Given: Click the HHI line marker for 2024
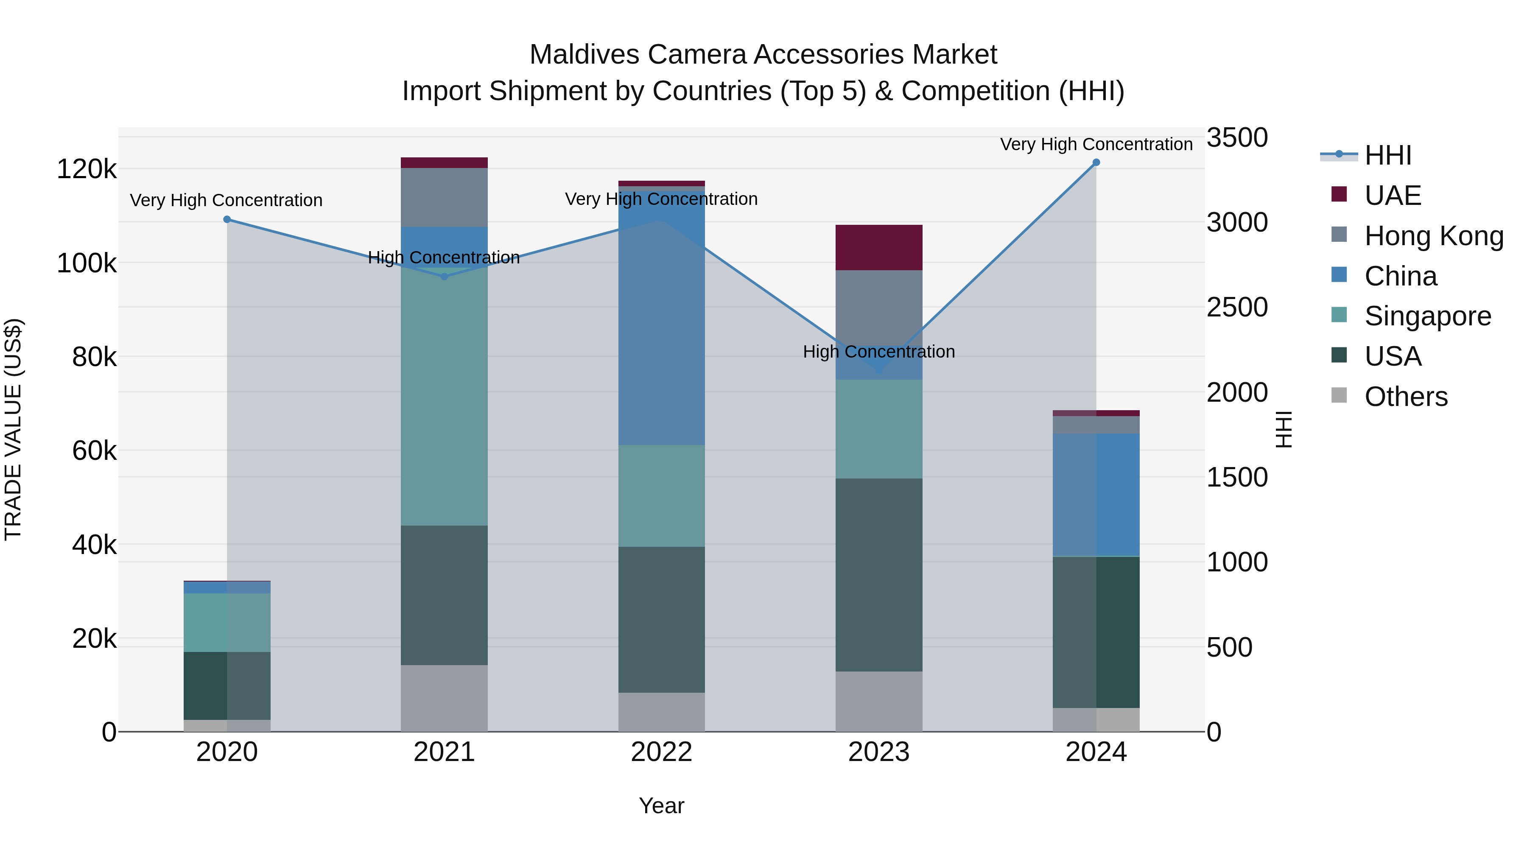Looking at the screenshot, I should pos(1096,162).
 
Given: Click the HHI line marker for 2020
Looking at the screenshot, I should pos(227,219).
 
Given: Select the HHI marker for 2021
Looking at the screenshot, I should pos(445,276).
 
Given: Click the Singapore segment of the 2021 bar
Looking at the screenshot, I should pos(444,397).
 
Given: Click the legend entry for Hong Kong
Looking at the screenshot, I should pos(1433,236).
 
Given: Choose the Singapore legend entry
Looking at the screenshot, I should pos(1427,316).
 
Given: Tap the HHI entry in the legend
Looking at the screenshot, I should pos(1387,155).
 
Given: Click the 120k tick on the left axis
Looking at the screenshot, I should pos(87,170).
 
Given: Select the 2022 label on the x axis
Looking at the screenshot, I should pos(662,752).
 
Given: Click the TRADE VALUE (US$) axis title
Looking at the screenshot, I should pos(13,429).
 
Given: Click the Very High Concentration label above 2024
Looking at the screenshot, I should pos(1096,144).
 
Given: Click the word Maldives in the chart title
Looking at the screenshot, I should pos(584,55).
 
